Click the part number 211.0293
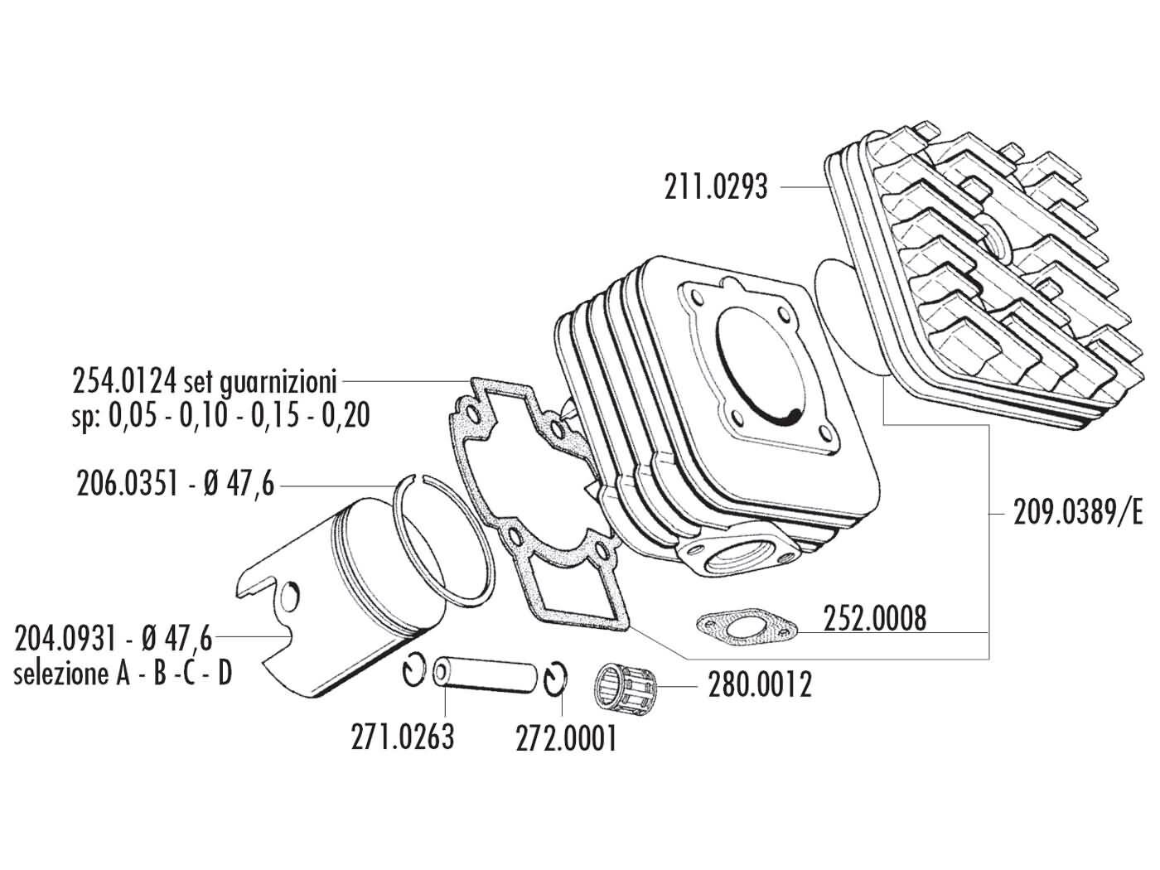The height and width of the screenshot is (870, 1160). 716,187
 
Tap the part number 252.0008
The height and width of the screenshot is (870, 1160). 875,618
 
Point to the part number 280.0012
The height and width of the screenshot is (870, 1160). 760,685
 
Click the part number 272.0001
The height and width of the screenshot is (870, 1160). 566,738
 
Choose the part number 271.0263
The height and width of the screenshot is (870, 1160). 403,737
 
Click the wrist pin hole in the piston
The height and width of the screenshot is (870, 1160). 290,597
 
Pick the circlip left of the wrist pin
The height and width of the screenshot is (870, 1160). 416,670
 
